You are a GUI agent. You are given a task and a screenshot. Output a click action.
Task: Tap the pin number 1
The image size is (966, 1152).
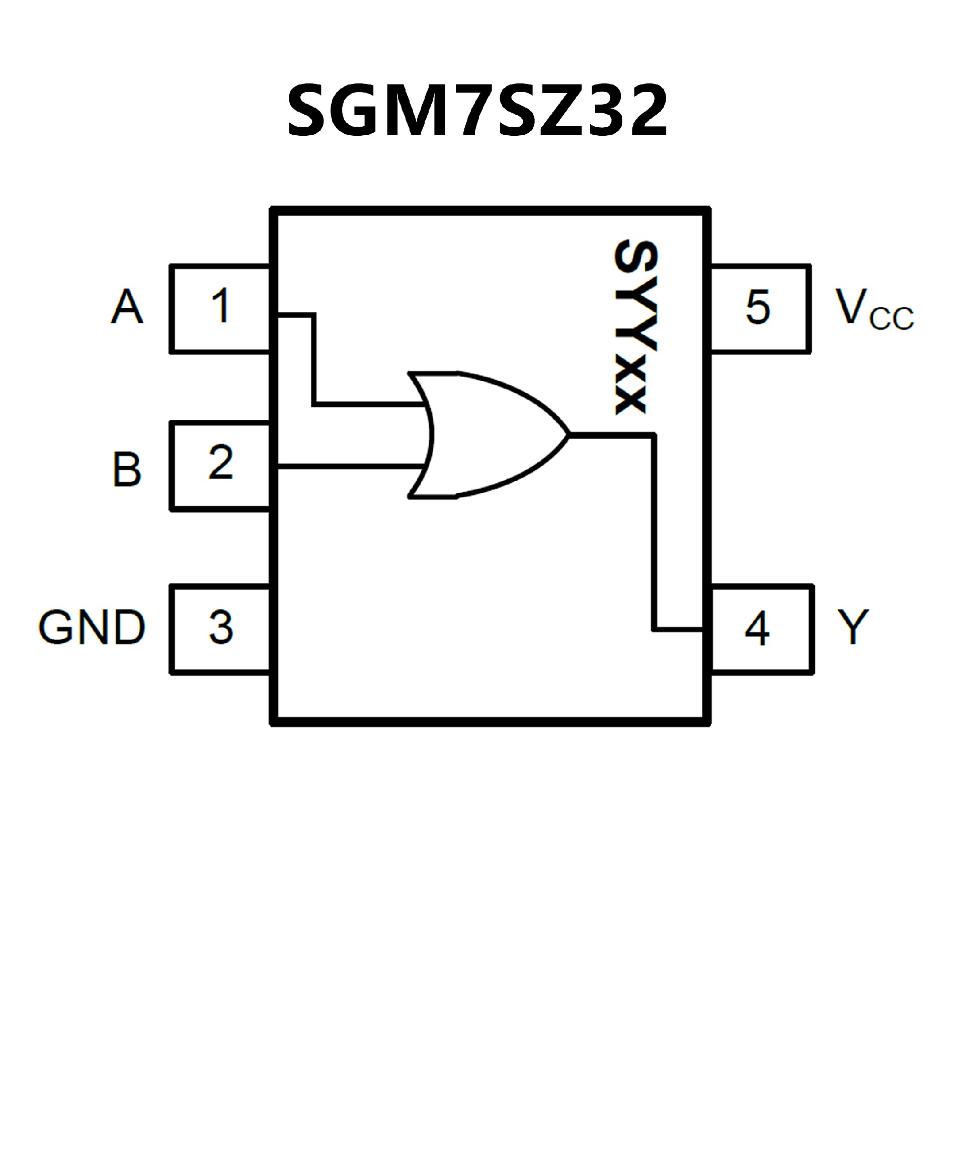point(221,306)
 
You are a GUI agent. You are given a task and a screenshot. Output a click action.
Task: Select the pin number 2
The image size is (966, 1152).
point(221,463)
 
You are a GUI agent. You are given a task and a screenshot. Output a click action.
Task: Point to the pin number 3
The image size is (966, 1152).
point(221,627)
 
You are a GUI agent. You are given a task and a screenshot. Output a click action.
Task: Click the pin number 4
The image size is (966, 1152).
point(757,628)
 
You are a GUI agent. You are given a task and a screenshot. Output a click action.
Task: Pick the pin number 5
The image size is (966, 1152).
point(758,307)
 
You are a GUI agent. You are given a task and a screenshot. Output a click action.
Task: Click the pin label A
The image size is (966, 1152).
point(127,307)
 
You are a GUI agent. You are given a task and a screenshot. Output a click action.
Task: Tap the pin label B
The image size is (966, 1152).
point(127,470)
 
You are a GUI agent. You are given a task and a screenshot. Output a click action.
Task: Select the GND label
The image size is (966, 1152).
point(92,627)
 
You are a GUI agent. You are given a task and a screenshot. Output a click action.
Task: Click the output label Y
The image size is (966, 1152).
point(853,627)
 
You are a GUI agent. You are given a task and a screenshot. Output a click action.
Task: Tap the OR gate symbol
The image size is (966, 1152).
point(483,435)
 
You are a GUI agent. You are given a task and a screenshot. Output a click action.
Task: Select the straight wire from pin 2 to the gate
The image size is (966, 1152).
point(351,467)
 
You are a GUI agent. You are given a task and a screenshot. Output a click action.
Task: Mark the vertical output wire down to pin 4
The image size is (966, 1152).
point(654,532)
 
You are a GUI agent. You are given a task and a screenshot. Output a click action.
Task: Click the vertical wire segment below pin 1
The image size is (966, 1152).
point(314,360)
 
